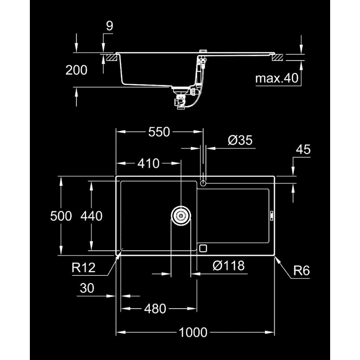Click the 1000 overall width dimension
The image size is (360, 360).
(193, 332)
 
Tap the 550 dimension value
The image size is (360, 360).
(159, 132)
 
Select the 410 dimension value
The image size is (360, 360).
(148, 163)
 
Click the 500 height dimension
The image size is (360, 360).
(61, 216)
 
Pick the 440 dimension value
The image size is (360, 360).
(91, 216)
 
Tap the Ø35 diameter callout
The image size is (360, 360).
(240, 141)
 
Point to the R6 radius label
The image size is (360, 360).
(302, 271)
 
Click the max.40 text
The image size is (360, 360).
(277, 78)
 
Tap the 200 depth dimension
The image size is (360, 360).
(76, 70)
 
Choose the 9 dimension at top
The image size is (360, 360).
(109, 26)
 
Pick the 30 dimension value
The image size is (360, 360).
(87, 288)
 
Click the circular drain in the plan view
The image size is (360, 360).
(181, 216)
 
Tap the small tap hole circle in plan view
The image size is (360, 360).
(203, 183)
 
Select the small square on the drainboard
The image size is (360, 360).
(203, 248)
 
